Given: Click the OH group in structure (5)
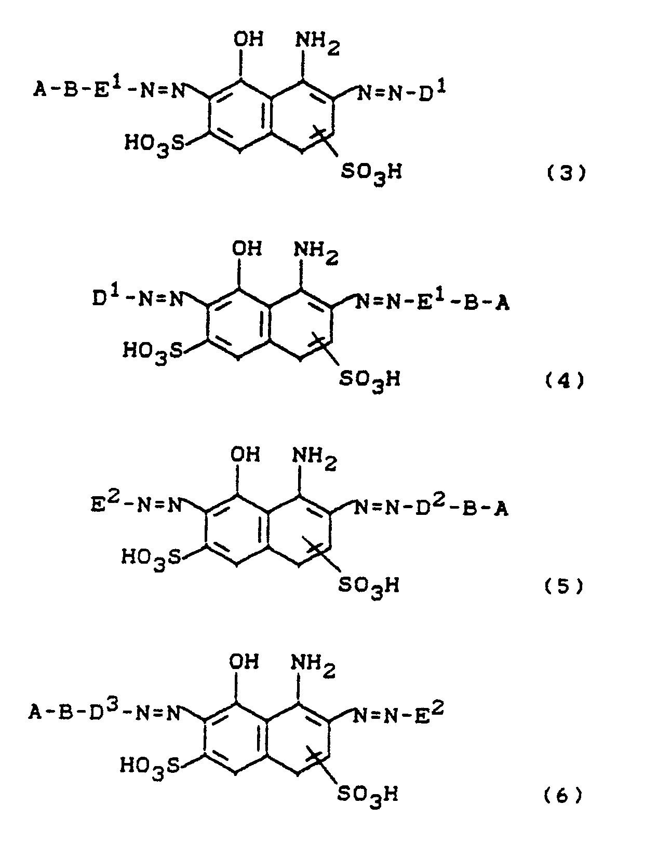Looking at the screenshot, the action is tap(245, 455).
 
